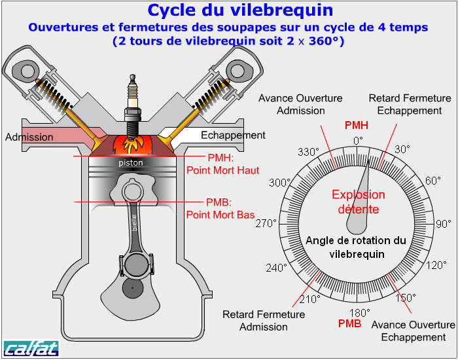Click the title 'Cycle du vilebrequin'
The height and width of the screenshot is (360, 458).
(x=240, y=10)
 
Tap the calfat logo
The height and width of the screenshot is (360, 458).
(x=31, y=348)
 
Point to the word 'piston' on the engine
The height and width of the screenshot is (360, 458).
(x=131, y=162)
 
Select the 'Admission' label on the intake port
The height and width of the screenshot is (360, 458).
(x=29, y=137)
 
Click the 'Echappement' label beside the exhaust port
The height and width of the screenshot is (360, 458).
(x=233, y=135)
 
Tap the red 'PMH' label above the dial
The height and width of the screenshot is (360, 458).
(x=357, y=125)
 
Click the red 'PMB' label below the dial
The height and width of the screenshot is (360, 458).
(x=349, y=323)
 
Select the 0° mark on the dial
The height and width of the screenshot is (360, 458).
(x=358, y=141)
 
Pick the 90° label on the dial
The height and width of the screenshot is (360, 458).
(x=443, y=225)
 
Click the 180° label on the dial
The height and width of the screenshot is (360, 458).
(x=360, y=312)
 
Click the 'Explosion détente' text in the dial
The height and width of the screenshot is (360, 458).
(x=359, y=202)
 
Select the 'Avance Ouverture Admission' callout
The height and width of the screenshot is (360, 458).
(x=300, y=104)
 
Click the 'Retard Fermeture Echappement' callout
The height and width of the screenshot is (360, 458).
(x=410, y=104)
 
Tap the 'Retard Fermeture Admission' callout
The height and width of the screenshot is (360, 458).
(x=264, y=320)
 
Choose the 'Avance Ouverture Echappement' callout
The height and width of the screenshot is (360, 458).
(x=413, y=331)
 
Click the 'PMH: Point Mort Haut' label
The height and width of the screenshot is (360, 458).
(x=223, y=164)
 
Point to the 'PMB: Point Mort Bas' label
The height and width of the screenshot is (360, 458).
(x=220, y=208)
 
